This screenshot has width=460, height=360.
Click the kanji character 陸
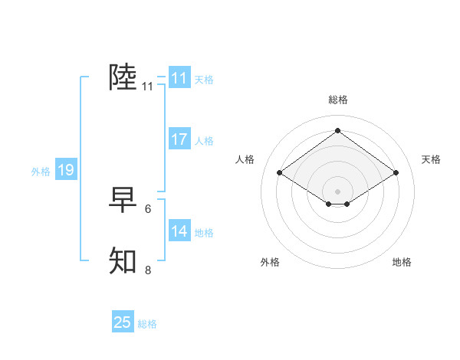[x=123, y=77]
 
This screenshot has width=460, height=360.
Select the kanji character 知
[x=123, y=261]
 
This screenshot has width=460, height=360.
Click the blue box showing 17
[x=179, y=139]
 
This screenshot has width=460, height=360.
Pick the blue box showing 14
[x=179, y=231]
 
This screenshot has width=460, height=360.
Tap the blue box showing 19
[x=65, y=170]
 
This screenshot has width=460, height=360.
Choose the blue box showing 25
[x=123, y=322]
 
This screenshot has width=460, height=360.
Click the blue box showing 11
[x=179, y=78]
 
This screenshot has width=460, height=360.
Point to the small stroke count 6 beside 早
[x=148, y=208]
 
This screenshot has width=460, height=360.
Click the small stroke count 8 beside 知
[x=148, y=270]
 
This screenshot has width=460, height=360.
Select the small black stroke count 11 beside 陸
[x=148, y=87]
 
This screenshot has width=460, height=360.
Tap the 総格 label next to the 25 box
[x=147, y=324]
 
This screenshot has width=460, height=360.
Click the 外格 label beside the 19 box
[x=41, y=172]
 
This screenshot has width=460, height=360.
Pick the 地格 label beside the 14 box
[x=204, y=233]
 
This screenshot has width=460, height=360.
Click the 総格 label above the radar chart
[x=337, y=100]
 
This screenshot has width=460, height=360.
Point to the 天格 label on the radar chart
[x=431, y=159]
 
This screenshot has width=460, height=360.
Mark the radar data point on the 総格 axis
[x=337, y=130]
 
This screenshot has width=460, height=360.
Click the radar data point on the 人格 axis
[x=280, y=173]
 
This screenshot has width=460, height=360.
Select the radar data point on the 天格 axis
[x=396, y=173]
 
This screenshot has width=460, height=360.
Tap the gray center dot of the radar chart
[x=337, y=191]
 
